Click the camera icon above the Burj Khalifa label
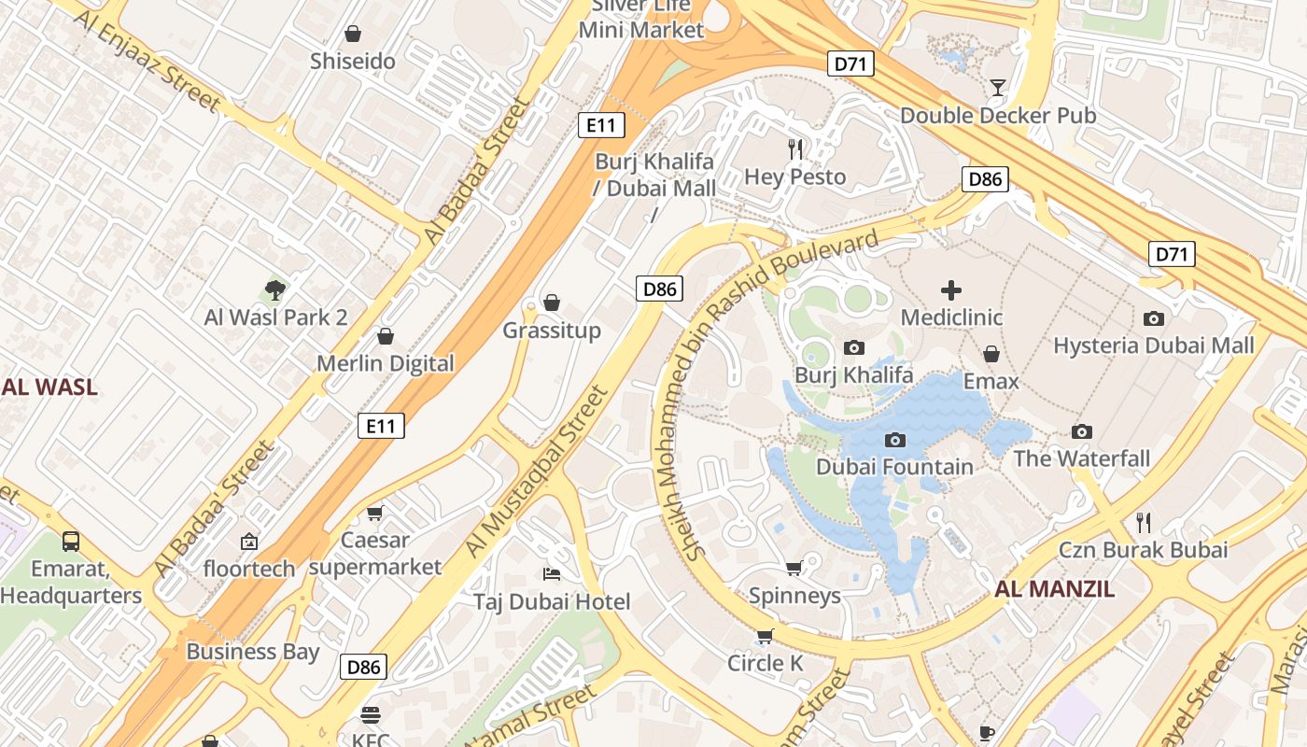[853, 348]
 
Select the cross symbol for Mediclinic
[951, 290]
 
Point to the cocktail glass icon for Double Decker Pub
[998, 88]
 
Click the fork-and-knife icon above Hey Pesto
[795, 148]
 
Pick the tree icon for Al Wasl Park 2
[274, 289]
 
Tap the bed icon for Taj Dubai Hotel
[552, 572]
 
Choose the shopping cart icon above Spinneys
[794, 568]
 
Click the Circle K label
[766, 663]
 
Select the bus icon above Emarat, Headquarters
[70, 541]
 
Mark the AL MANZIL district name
[1054, 589]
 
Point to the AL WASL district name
[49, 387]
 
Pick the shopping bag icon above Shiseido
[353, 35]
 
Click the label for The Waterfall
[1082, 458]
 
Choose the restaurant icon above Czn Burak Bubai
[1143, 522]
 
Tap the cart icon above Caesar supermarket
[375, 513]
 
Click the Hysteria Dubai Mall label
[1154, 345]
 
